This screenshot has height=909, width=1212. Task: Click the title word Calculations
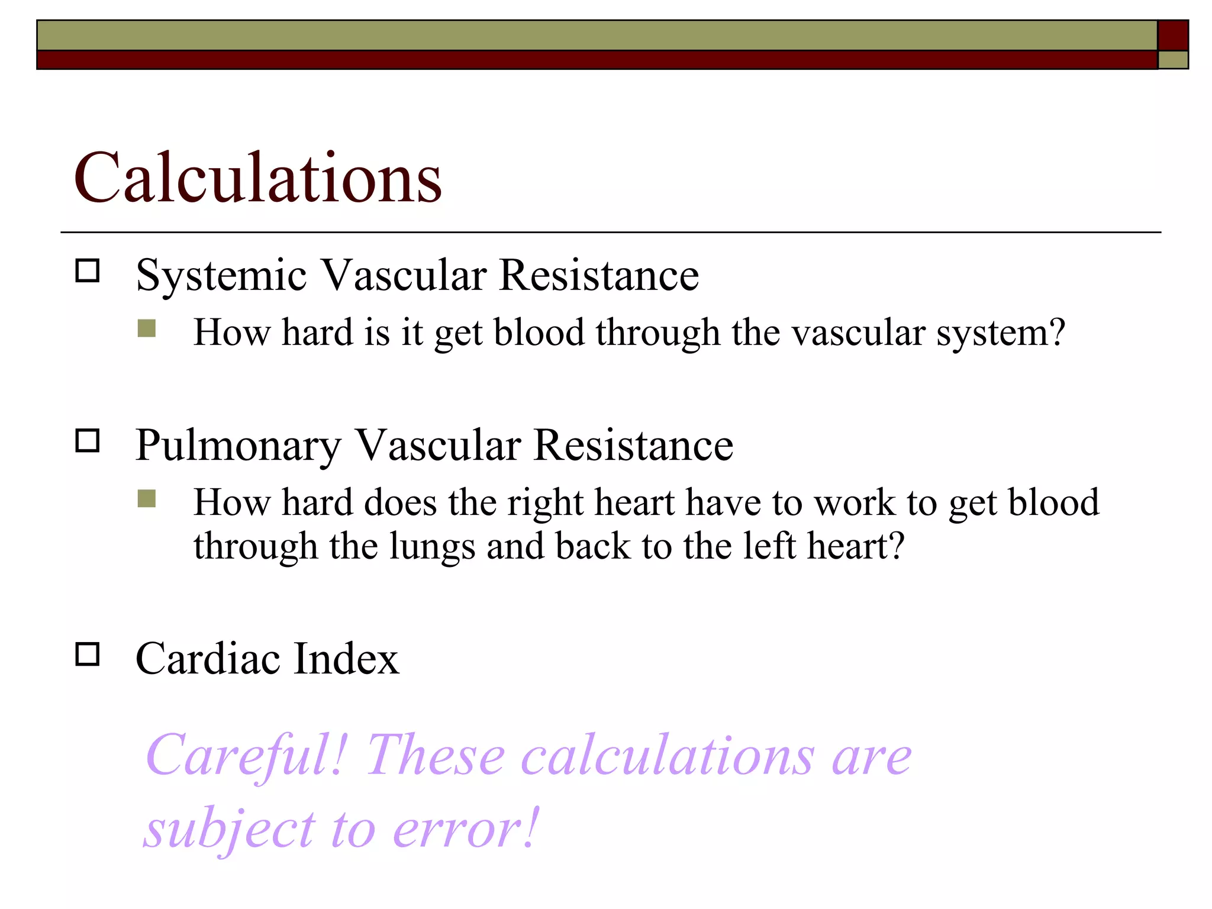[x=257, y=178]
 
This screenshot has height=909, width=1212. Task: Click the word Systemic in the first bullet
[x=221, y=276]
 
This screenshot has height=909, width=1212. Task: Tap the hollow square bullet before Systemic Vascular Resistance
[x=88, y=271]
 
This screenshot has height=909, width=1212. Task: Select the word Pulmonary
[x=238, y=446]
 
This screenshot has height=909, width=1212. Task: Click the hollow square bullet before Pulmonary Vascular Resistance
[x=88, y=441]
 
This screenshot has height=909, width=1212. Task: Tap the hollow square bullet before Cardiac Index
[x=88, y=655]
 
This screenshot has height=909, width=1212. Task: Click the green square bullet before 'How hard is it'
[x=146, y=328]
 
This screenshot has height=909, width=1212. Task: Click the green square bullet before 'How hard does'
[x=146, y=499]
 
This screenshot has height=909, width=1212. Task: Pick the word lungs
[x=432, y=546]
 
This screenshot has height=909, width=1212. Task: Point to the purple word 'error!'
[x=465, y=829]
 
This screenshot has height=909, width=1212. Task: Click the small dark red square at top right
[x=1172, y=36]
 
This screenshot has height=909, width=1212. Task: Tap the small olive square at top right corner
[x=1172, y=60]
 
